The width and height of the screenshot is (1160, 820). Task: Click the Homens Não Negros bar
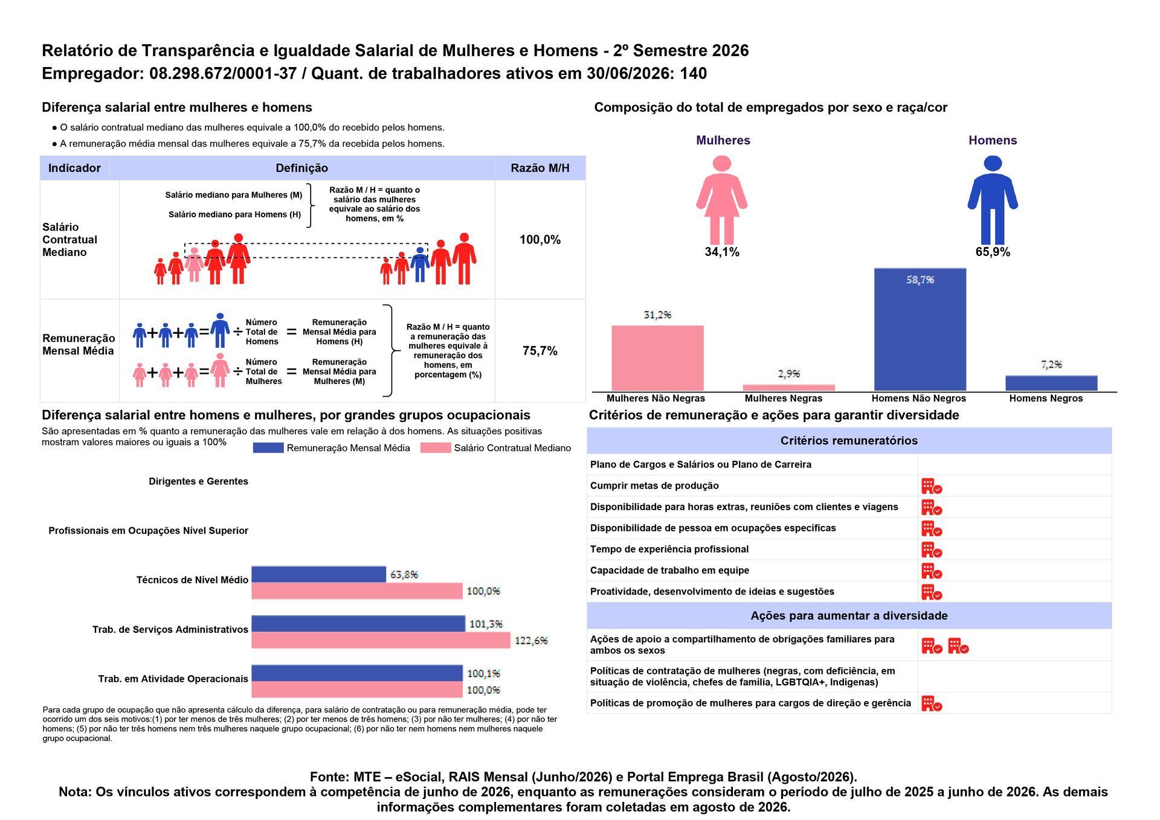coord(920,329)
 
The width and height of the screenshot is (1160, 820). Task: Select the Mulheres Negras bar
coord(788,388)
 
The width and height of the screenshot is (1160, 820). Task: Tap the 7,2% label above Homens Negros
coord(1051,365)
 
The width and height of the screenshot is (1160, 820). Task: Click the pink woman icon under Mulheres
coord(721,200)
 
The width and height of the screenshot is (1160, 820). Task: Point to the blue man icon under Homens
coord(993,200)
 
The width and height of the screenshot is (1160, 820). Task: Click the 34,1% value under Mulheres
coord(722,252)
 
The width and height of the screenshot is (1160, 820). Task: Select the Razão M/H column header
coord(540,168)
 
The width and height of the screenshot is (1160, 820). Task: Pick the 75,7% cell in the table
coord(540,351)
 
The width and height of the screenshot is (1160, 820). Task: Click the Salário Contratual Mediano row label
coord(69,240)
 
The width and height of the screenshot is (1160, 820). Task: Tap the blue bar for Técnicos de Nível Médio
coord(318,574)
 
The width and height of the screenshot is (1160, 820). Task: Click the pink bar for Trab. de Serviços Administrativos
coord(381,640)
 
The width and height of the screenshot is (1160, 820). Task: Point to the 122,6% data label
coord(531,641)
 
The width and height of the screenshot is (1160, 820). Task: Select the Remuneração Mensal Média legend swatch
coord(268,448)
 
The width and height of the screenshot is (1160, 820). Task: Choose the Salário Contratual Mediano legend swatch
coord(435,448)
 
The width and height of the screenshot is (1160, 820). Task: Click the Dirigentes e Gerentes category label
coord(198,481)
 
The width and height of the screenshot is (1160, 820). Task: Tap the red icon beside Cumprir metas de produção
coord(931,486)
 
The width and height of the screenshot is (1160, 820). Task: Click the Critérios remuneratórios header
coord(849,441)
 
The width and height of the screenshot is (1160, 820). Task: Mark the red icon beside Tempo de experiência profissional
coord(931,549)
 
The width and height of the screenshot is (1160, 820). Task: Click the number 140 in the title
coord(694,74)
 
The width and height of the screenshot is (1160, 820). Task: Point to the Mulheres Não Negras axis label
coord(656,399)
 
